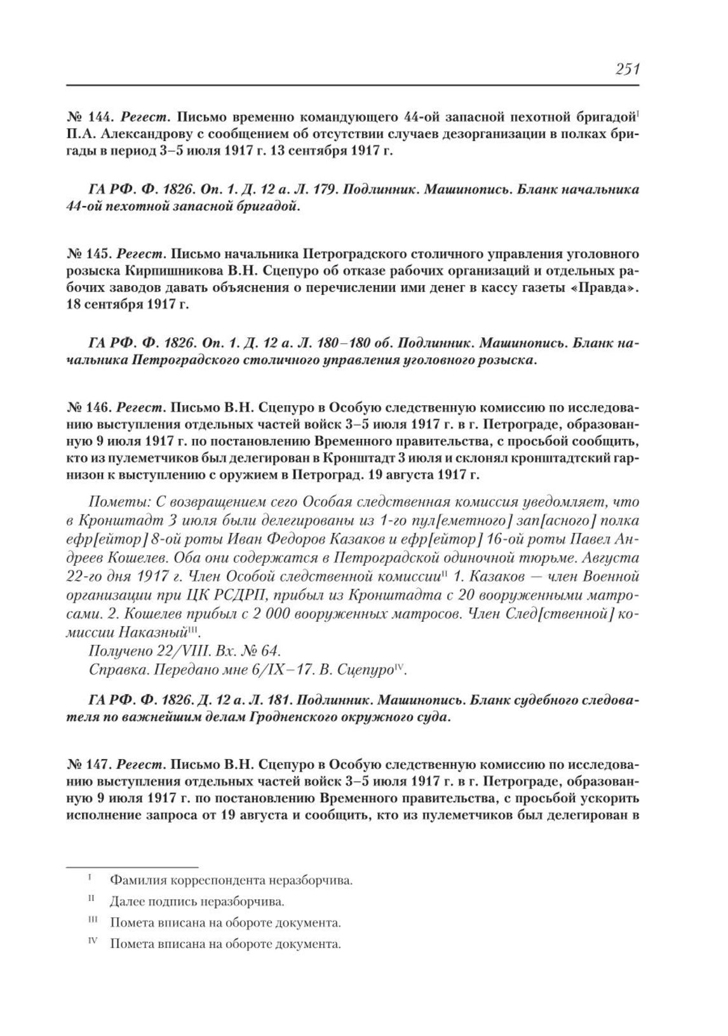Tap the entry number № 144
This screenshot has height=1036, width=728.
[x=90, y=118]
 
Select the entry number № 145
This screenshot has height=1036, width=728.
[x=90, y=255]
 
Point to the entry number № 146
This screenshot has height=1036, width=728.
[x=90, y=407]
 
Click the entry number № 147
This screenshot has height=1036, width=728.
[x=90, y=765]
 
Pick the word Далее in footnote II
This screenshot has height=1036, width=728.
[x=125, y=901]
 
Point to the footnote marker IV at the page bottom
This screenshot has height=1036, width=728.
[x=92, y=942]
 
